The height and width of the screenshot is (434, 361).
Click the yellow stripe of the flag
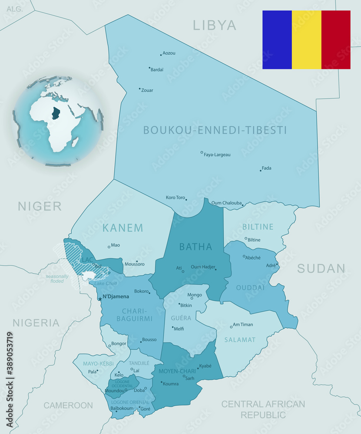[306, 39]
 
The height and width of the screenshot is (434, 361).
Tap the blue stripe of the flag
[277, 39]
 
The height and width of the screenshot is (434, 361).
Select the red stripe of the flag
[336, 39]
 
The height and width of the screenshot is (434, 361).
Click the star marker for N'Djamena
[100, 299]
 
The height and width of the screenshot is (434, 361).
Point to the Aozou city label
[169, 53]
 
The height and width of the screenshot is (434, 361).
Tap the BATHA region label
[195, 247]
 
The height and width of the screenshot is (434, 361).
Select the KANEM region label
[123, 228]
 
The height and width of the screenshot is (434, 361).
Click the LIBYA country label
[215, 25]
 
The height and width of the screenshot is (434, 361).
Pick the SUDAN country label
[321, 269]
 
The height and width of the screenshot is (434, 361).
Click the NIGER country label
[40, 206]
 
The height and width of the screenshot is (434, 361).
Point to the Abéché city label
[253, 257]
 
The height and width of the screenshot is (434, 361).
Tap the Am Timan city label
[243, 325]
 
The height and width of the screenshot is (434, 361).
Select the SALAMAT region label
[240, 340]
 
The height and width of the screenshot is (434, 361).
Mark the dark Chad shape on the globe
[56, 113]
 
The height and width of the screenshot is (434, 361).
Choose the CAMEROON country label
[68, 405]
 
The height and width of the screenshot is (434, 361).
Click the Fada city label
[266, 168]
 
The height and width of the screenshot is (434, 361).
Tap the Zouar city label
[147, 90]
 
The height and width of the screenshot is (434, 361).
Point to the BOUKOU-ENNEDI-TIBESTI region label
[215, 130]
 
